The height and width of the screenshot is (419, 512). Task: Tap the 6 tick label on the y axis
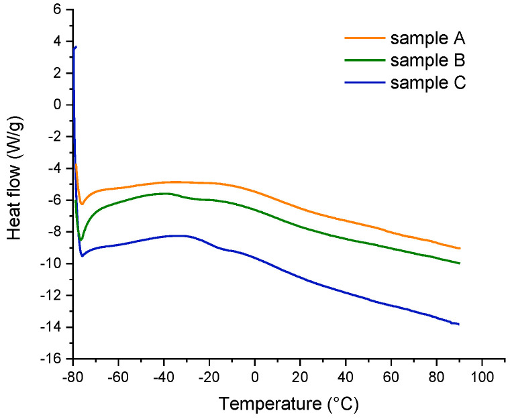57,10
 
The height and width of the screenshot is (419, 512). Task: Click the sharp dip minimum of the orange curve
81,204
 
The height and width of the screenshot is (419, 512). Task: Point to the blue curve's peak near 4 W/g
76,47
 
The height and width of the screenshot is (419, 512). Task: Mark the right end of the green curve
460,263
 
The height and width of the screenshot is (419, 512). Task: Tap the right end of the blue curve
459,324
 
